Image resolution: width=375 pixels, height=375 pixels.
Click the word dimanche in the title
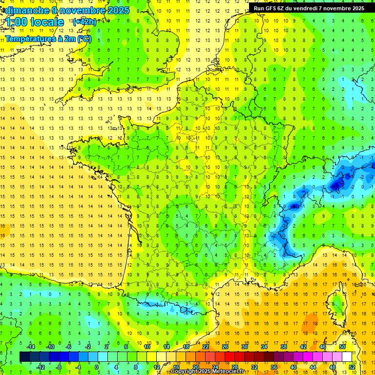tap(25, 10)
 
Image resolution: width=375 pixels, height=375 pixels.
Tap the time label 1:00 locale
tap(35, 22)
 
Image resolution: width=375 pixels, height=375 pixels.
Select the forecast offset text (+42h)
tap(84, 22)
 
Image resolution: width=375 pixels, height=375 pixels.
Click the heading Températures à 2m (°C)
tap(48, 39)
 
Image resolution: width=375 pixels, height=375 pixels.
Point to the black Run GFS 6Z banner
tap(309, 8)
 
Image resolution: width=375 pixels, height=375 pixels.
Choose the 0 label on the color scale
tap(97, 367)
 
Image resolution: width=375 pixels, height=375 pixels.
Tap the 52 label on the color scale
tap(352, 367)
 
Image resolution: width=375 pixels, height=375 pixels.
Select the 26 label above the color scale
tap(225, 347)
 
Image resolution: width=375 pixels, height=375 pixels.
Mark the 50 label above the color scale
tap(342, 347)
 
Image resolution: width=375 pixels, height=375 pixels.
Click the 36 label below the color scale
tap(273, 367)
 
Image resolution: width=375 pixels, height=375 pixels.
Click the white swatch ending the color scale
tap(347, 357)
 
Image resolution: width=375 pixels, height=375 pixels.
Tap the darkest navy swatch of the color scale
tap(24, 357)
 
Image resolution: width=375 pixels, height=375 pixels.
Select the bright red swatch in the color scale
tap(229, 357)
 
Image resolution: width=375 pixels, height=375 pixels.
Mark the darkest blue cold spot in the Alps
tap(337, 185)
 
